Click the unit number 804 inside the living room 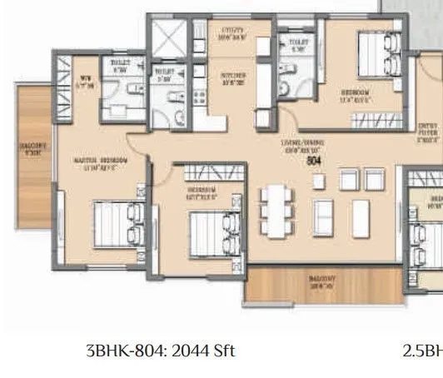pyautogui.click(x=314, y=159)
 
